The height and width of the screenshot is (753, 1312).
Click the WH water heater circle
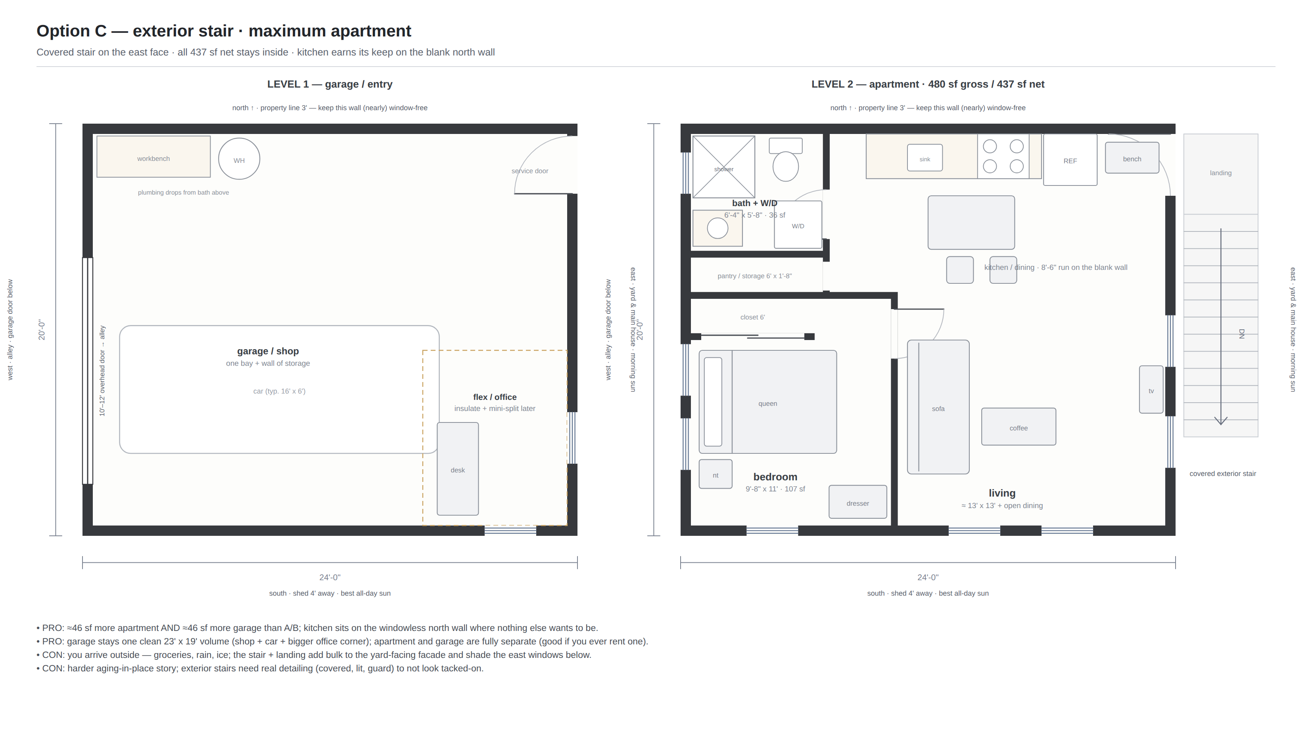[239, 159]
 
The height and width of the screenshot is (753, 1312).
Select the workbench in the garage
[154, 157]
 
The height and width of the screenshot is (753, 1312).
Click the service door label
[529, 171]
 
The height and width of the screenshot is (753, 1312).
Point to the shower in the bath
[723, 167]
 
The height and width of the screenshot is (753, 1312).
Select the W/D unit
[798, 225]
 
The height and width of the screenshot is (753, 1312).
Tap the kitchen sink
[925, 158]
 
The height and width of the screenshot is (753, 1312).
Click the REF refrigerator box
[1070, 160]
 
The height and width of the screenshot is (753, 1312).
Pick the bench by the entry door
[1132, 158]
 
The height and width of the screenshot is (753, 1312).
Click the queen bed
[767, 402]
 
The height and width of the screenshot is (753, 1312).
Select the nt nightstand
[715, 474]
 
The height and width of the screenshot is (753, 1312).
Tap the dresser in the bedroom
[857, 502]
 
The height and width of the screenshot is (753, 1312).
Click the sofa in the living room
[938, 407]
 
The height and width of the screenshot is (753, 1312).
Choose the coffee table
[1019, 427]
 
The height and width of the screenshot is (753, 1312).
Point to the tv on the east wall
[1151, 390]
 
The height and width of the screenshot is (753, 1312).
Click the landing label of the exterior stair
[1220, 173]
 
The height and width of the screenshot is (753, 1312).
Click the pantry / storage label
[754, 276]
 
